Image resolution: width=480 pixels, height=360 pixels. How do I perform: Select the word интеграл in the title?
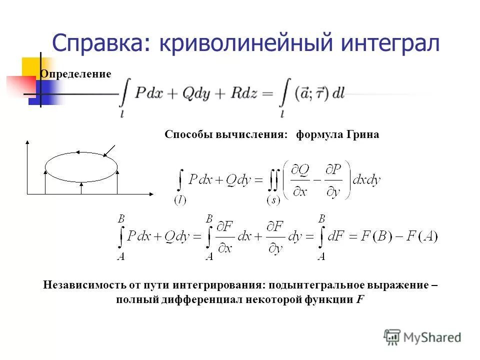[x=390, y=44]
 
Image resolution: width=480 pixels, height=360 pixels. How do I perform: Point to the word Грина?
[x=362, y=134]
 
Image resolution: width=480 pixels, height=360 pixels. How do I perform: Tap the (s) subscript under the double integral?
[x=273, y=200]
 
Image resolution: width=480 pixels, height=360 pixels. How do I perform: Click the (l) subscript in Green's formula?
[x=180, y=200]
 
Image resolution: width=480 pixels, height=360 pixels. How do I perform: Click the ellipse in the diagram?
[x=81, y=165]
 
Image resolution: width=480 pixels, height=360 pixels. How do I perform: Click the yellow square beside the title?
[x=31, y=68]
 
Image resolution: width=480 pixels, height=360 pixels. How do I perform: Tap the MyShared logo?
[x=422, y=337]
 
